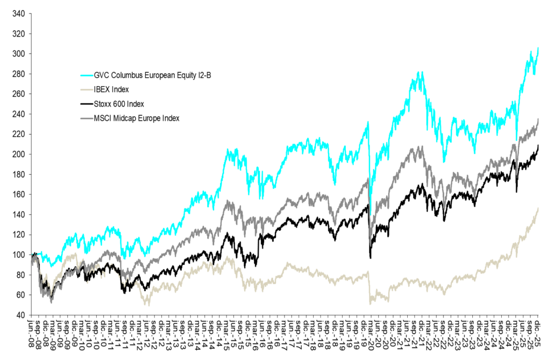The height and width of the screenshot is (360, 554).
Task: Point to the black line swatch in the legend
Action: (x=86, y=104)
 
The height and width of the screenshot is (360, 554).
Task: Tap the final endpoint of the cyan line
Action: (x=538, y=48)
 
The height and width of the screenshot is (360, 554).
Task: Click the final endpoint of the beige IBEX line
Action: (x=538, y=208)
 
